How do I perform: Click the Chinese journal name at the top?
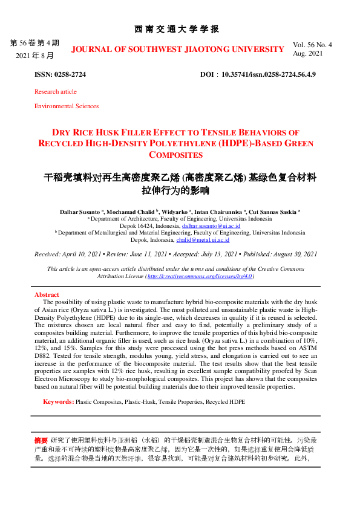click(180, 29)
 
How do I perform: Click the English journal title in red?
click(177, 49)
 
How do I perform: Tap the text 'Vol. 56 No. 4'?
click(313, 45)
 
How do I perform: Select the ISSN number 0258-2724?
click(69, 74)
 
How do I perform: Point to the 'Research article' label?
click(56, 92)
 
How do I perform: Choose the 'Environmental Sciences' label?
click(67, 106)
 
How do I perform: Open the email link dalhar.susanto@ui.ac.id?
click(207, 225)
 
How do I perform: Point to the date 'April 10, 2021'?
click(84, 254)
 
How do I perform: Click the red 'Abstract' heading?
click(47, 294)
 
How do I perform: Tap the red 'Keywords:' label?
click(58, 401)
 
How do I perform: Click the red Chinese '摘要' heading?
click(41, 440)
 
